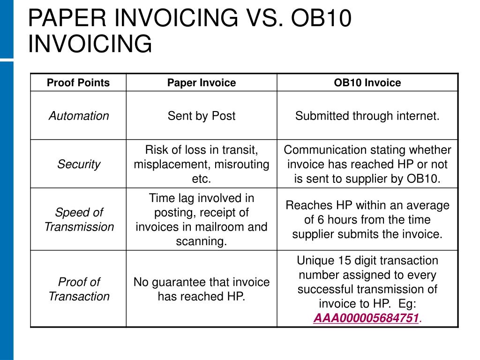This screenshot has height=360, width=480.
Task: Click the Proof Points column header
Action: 78,83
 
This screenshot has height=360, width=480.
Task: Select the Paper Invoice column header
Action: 202,83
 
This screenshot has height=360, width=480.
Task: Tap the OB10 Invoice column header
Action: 367,83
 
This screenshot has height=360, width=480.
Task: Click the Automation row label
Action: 79,116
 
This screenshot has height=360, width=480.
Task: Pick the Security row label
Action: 79,164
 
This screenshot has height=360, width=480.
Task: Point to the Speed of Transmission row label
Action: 79,219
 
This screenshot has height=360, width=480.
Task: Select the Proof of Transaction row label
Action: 79,289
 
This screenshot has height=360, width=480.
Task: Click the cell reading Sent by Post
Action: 202,116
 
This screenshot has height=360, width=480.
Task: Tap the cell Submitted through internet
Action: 367,116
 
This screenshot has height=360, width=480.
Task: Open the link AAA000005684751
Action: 366,318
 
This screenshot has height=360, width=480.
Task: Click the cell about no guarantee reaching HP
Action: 202,289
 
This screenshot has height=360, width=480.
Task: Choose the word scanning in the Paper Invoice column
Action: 201,241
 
